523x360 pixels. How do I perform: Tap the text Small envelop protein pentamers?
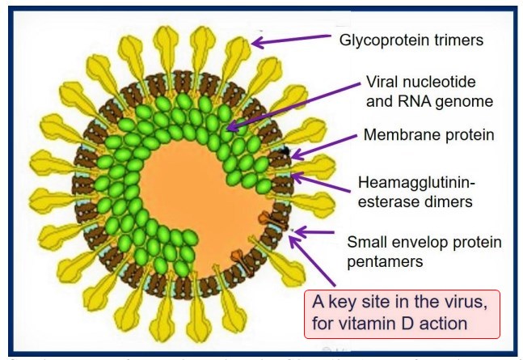point(424,251)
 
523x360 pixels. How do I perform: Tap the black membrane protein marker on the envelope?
point(285,151)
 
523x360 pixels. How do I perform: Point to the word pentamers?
point(382,260)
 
